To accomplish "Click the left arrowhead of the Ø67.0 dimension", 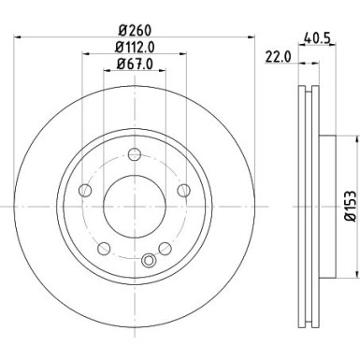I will (105, 72).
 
